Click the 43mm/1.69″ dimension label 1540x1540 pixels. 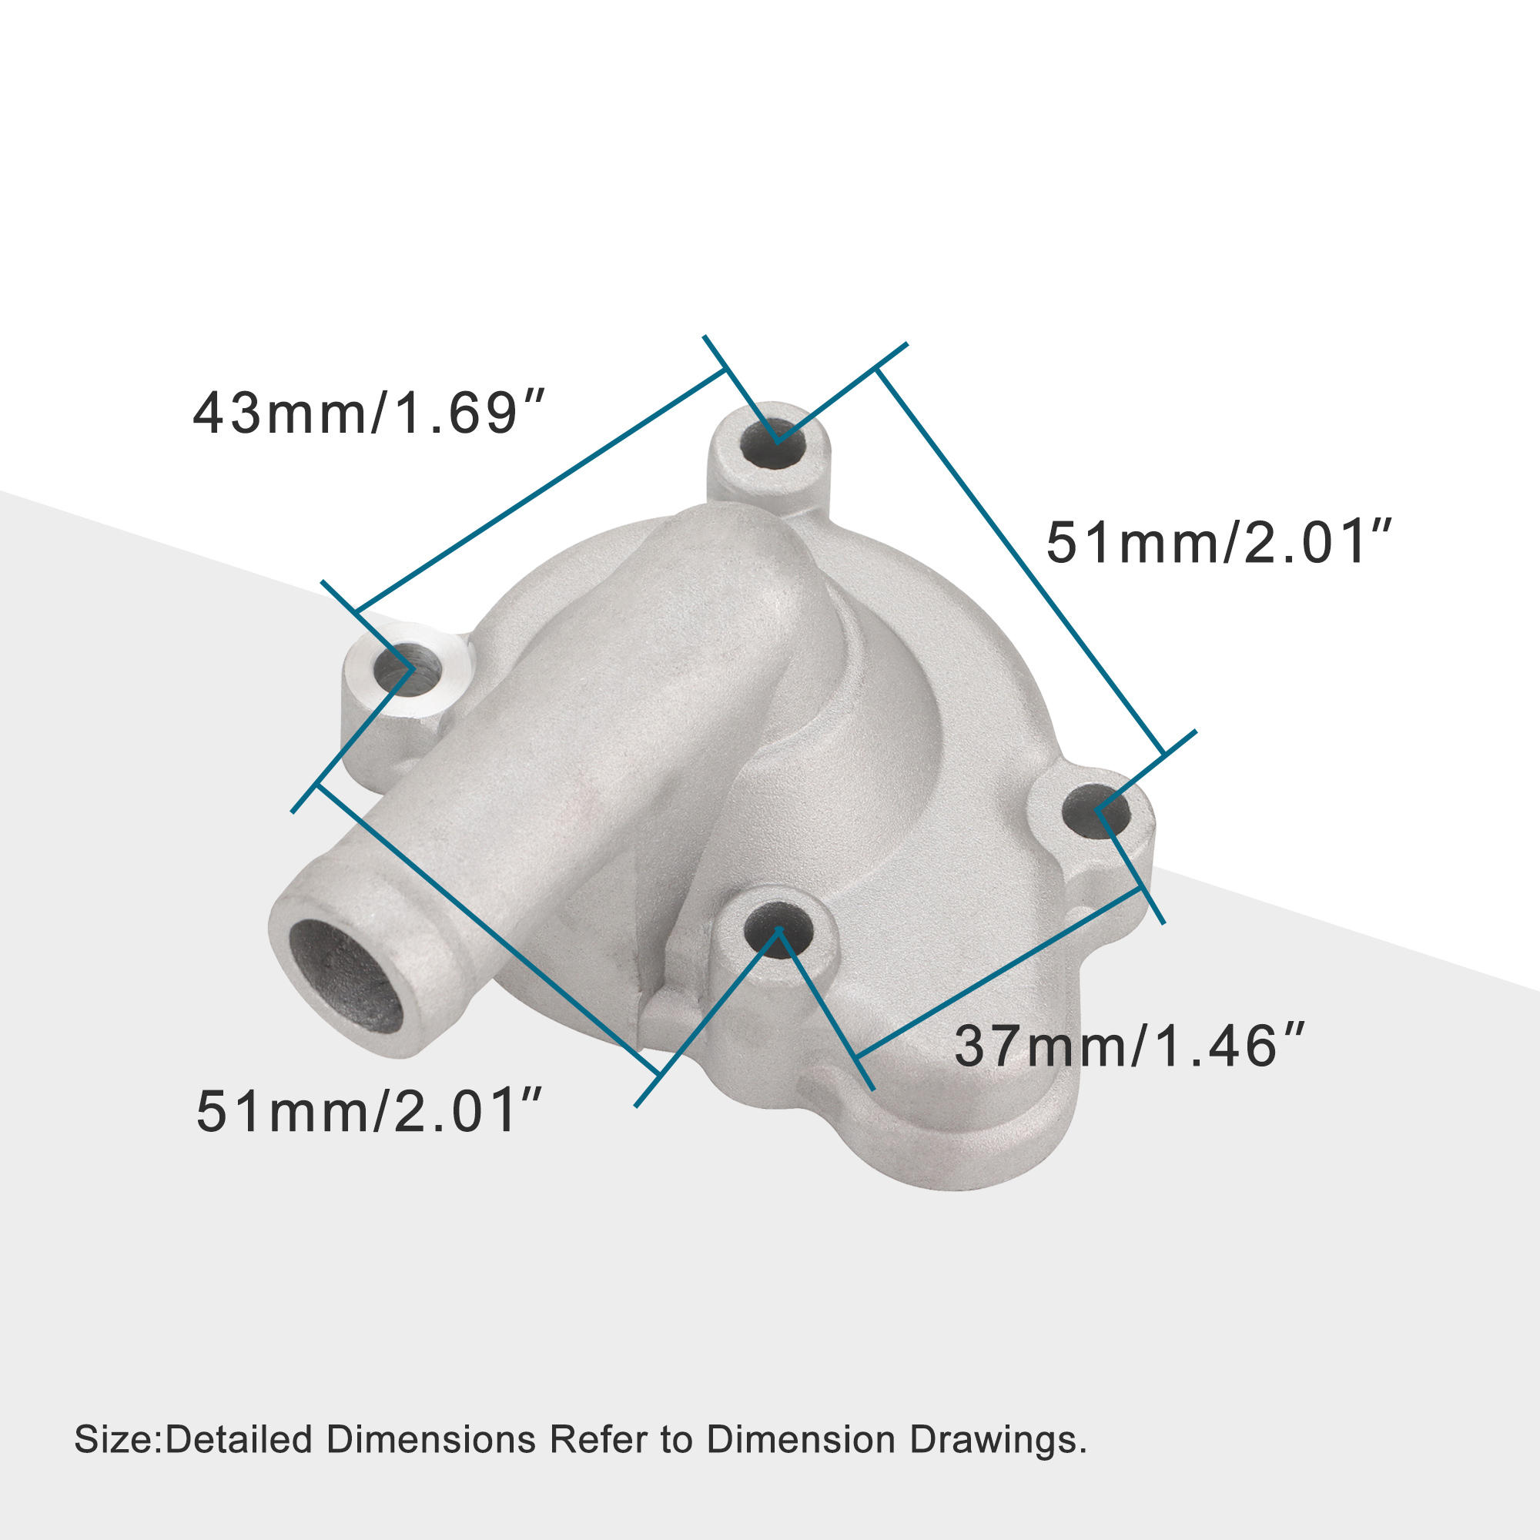point(368,413)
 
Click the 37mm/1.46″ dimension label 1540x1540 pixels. point(1129,1046)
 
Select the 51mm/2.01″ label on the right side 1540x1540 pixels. point(1219,543)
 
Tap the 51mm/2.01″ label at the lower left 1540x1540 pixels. point(369,1112)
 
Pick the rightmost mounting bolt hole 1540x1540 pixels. point(1096,812)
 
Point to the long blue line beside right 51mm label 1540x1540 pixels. point(1020,563)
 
